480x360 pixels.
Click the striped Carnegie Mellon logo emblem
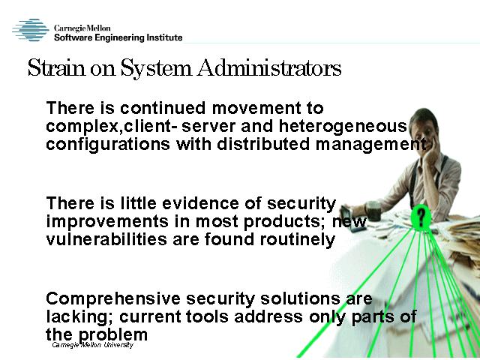click(31, 30)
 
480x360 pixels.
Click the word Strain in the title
click(57, 67)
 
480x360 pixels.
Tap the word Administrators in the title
click(269, 67)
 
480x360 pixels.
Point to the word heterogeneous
click(343, 127)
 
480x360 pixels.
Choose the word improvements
click(107, 222)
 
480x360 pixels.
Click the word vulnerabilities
click(106, 239)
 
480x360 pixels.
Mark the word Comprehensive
click(113, 299)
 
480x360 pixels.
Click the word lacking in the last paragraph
click(79, 317)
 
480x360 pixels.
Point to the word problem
click(113, 335)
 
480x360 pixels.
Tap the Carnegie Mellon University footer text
click(92, 345)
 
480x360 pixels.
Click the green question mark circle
click(421, 217)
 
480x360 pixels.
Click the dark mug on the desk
click(373, 211)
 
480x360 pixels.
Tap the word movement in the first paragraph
click(256, 108)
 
